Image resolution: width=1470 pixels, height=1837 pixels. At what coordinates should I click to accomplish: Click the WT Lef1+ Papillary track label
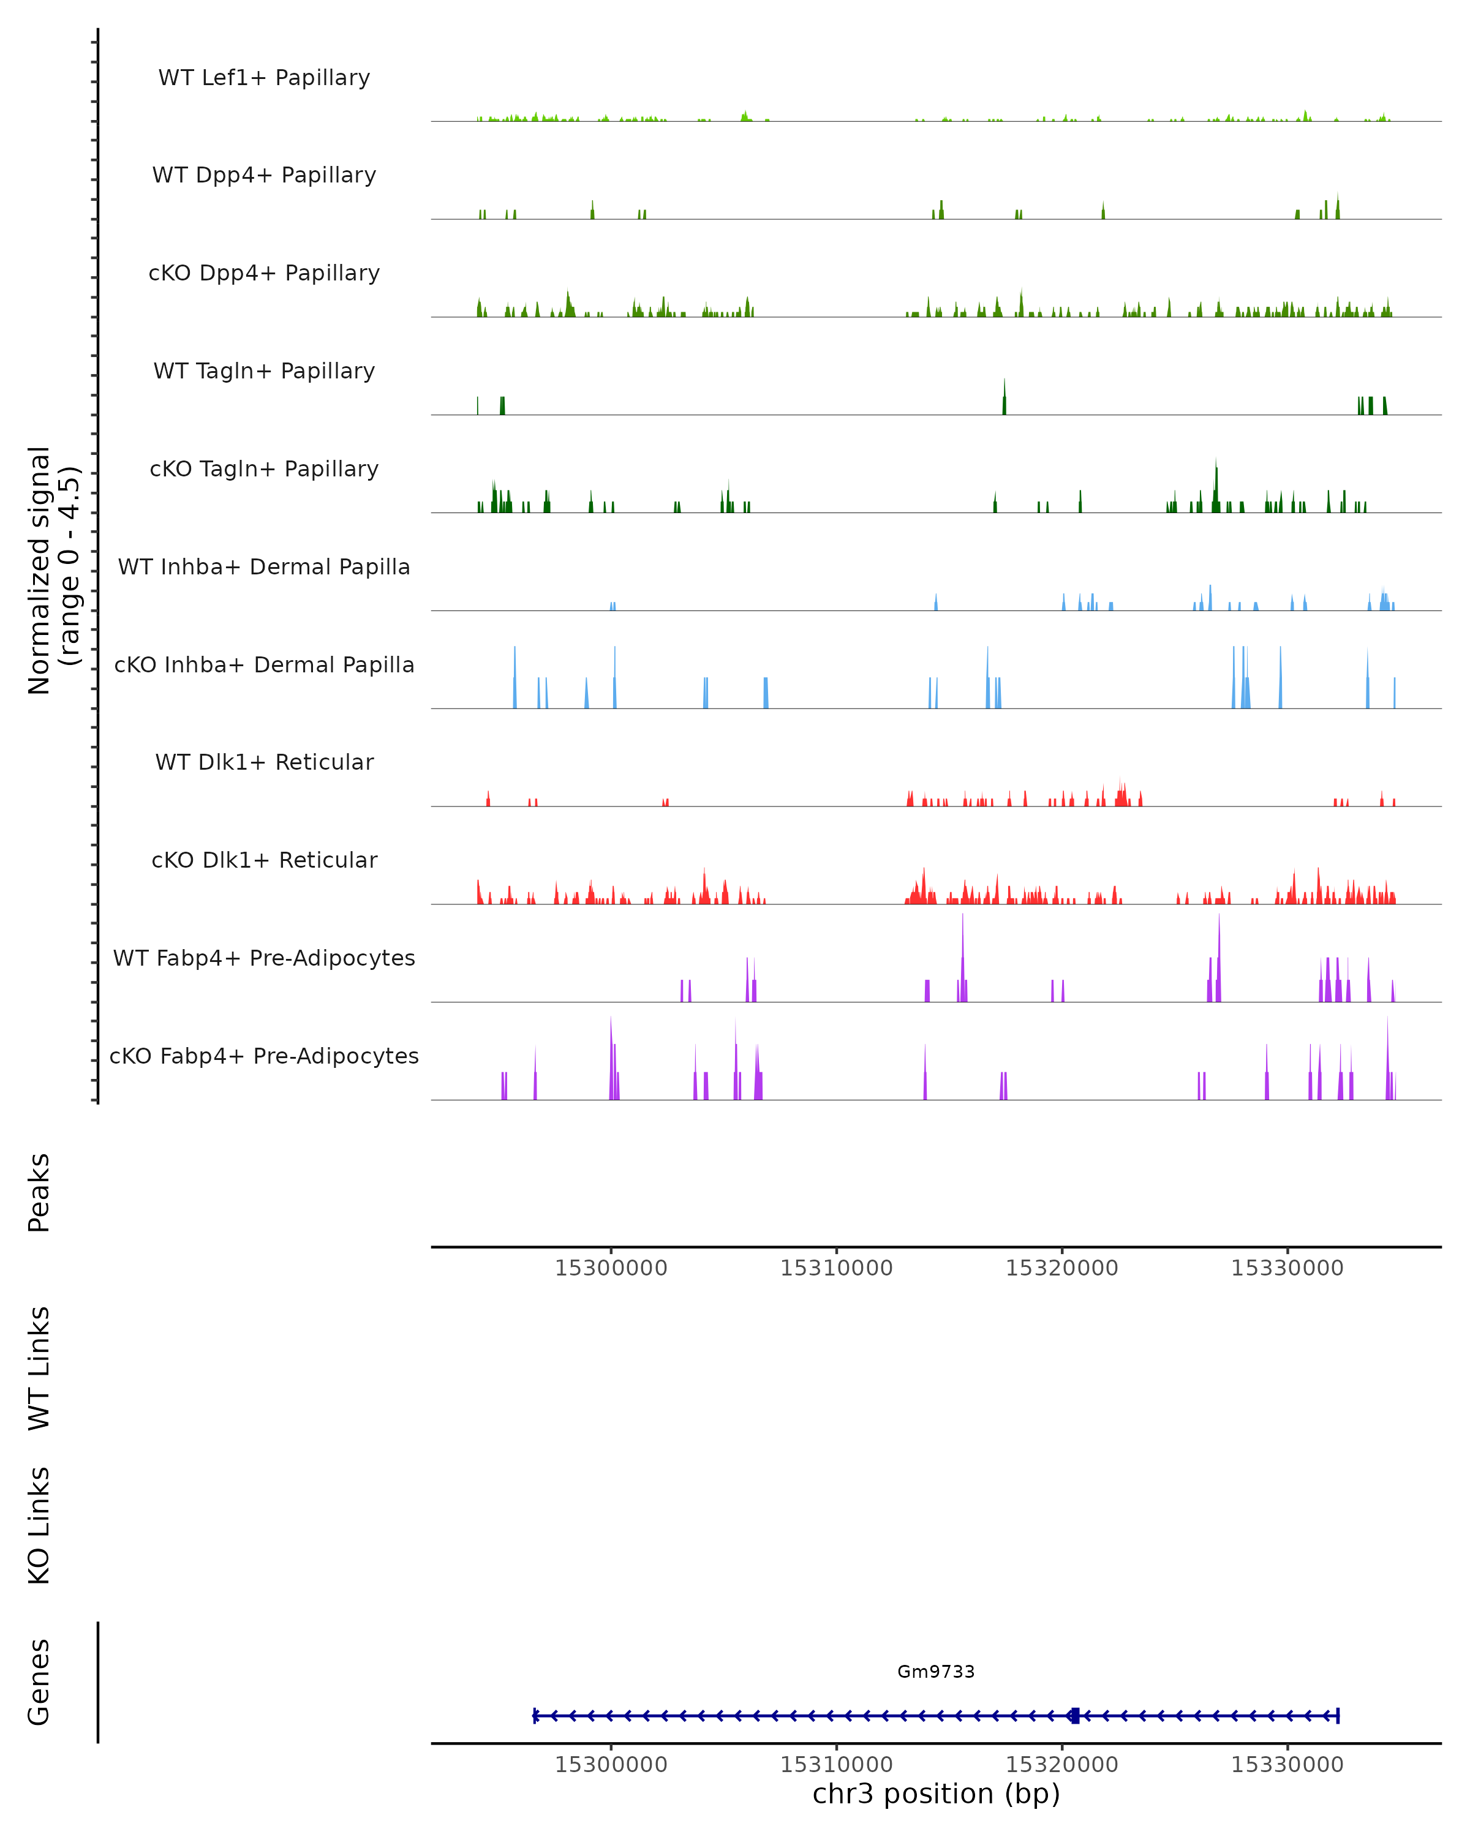[x=264, y=78]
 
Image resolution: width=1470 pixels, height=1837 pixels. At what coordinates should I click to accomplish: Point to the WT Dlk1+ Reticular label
[x=264, y=762]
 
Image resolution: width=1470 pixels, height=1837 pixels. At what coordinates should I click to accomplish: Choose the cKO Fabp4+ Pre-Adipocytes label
[x=264, y=1056]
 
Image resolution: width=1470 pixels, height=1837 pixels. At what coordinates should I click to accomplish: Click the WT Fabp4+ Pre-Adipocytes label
[x=264, y=958]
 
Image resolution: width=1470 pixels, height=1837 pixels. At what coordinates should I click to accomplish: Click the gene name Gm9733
[x=936, y=1672]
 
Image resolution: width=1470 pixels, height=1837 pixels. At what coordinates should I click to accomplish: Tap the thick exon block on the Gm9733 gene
[x=1074, y=1715]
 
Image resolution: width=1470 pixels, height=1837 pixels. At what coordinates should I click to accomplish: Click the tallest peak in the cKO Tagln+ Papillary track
[x=1216, y=481]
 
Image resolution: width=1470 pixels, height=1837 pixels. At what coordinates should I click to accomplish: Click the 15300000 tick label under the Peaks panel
[x=611, y=1268]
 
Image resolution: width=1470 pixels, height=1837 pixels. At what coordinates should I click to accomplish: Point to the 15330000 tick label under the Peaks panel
[x=1287, y=1268]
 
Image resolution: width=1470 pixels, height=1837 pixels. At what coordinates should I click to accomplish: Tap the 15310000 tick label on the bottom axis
[x=836, y=1765]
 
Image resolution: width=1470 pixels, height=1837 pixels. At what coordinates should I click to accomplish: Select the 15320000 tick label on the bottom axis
[x=1062, y=1765]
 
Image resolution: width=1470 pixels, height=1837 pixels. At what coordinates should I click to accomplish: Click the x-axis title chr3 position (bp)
[x=936, y=1794]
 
